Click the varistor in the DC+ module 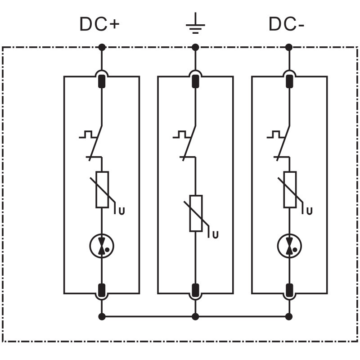[102, 189]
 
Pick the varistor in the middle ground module [196, 213]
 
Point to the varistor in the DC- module [289, 189]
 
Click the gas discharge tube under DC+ [102, 246]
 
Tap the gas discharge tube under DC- [289, 246]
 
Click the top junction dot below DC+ [102, 47]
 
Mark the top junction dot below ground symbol [195, 47]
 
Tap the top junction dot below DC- [289, 47]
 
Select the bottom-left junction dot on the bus [102, 316]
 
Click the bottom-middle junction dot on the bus [195, 316]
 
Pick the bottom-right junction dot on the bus [289, 316]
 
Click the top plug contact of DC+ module [102, 81]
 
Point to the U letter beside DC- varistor [309, 210]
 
